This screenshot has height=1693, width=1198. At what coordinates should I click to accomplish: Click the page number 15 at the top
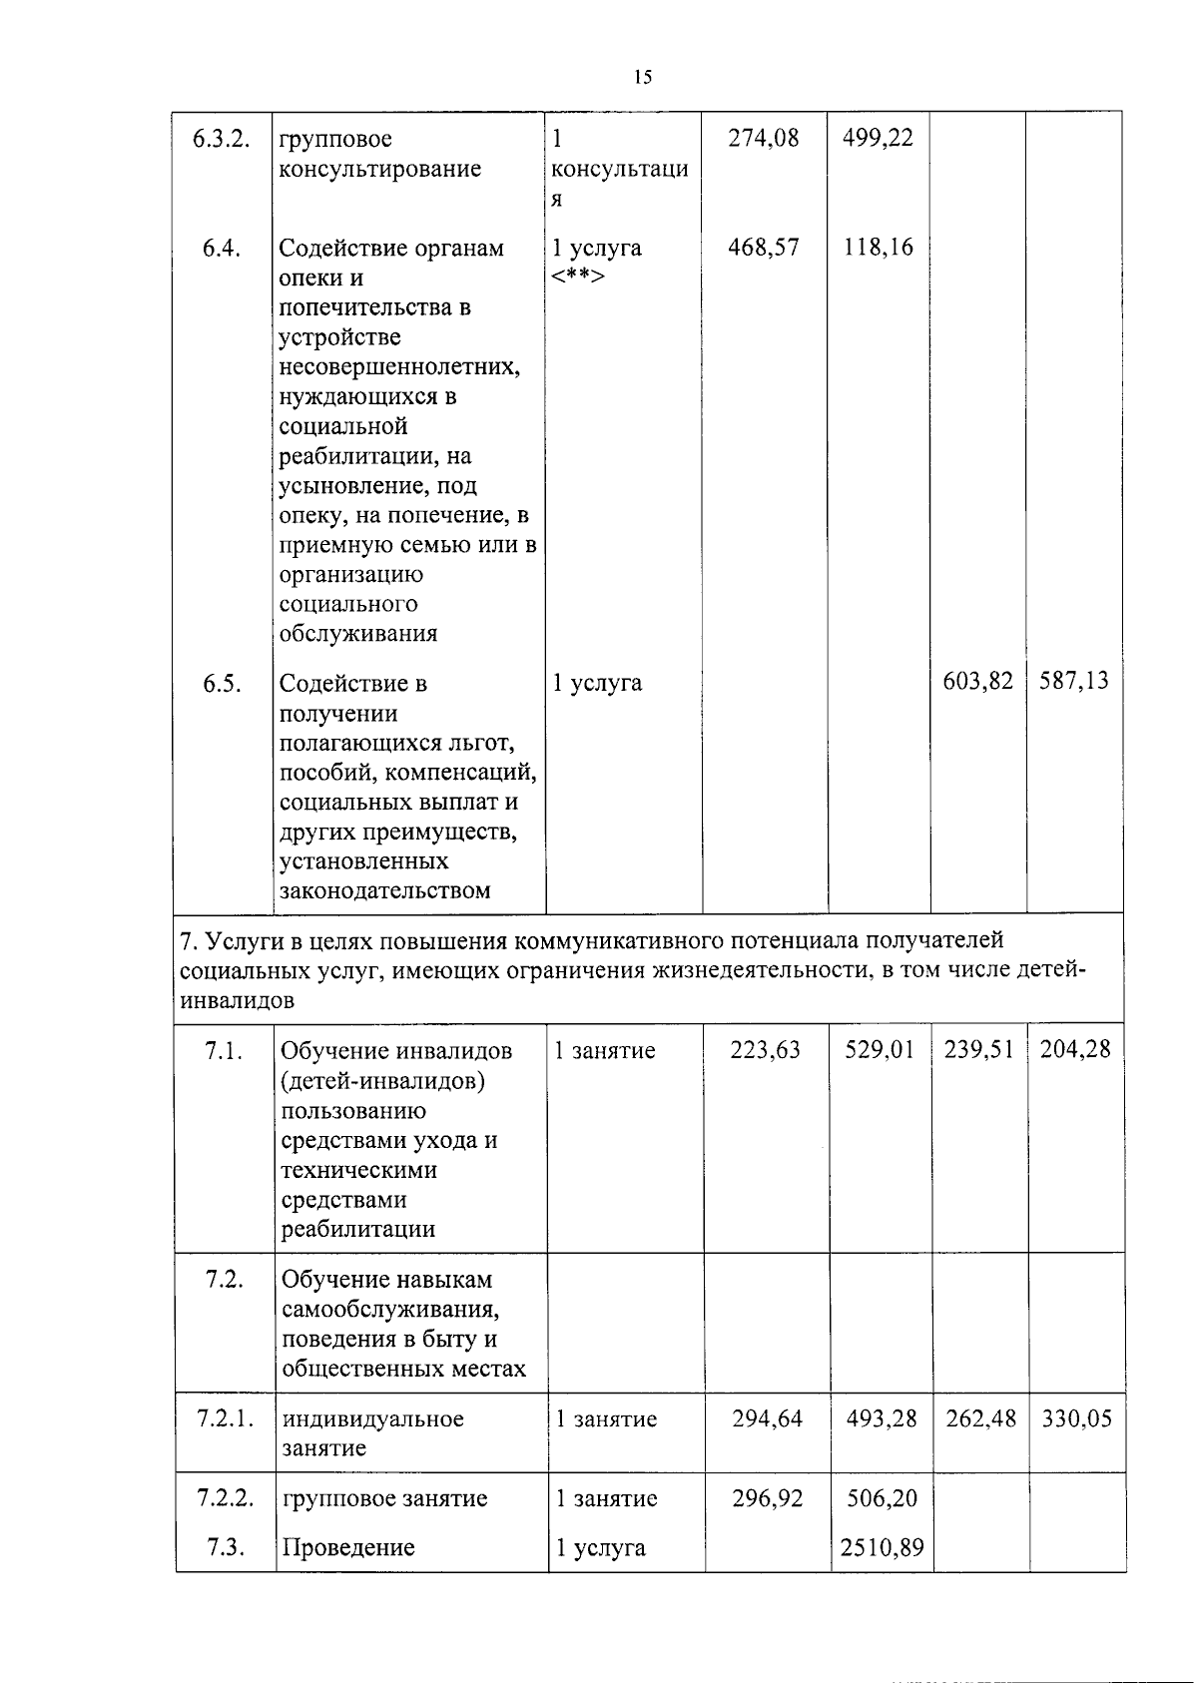point(642,78)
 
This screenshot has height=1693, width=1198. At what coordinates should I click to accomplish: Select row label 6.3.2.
point(221,139)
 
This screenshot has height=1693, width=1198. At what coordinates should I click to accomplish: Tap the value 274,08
point(764,139)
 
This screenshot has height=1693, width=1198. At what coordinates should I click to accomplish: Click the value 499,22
point(878,139)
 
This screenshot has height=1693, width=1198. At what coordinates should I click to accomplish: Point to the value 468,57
point(764,248)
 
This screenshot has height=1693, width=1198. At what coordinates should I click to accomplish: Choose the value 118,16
point(878,248)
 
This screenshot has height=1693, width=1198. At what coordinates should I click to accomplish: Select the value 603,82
point(978,682)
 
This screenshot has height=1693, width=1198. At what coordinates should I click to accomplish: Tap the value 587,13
point(1074,682)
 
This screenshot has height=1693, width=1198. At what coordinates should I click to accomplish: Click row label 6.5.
point(222,684)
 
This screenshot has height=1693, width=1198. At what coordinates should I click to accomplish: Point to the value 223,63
point(765,1050)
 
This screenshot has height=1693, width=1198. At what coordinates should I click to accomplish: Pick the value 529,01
point(880,1050)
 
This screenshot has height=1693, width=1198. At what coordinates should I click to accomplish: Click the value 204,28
point(1075,1050)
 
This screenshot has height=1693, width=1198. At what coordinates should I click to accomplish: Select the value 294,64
point(767,1418)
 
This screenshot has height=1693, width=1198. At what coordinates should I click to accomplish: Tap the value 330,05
point(1077,1418)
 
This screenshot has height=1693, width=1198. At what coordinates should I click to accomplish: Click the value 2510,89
point(883,1548)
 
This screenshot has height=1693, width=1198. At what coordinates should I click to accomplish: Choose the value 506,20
point(883,1498)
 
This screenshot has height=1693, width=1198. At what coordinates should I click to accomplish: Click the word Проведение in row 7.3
point(348,1548)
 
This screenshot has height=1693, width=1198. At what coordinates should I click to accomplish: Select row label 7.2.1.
point(226,1418)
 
